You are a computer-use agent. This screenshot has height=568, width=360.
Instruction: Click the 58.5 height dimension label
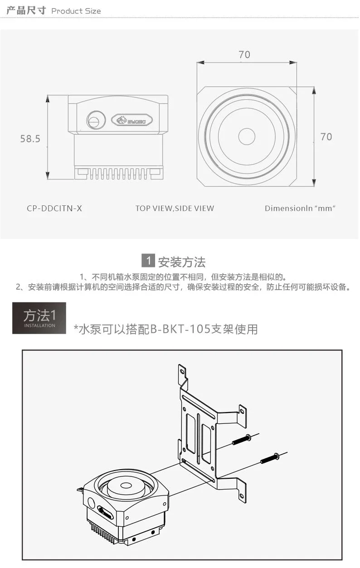point(30,139)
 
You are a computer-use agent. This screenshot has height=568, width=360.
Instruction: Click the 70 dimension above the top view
point(244,54)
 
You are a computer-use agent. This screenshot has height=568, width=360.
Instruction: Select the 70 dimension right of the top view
point(326,137)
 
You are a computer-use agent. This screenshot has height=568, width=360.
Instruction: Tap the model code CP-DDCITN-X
point(54,209)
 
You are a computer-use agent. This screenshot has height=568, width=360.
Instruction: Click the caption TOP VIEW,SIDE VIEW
point(175,209)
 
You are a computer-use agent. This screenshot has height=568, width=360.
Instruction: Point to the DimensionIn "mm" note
point(300,209)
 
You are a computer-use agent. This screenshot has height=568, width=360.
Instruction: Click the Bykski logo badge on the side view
point(132,120)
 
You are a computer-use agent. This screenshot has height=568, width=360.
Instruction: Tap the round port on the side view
point(96,120)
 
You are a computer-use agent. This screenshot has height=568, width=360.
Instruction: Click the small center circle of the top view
point(247,136)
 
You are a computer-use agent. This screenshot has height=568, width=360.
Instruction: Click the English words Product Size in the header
point(76,11)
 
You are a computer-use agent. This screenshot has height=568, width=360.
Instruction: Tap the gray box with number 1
point(148,260)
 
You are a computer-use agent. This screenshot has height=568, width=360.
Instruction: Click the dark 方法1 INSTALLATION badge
point(39,318)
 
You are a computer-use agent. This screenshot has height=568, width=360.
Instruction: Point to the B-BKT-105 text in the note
point(180,329)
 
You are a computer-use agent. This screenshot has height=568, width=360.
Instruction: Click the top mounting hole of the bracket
point(182,372)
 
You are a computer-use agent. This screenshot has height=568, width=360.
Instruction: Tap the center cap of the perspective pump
point(124,485)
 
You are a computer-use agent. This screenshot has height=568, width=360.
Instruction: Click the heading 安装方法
point(182,262)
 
